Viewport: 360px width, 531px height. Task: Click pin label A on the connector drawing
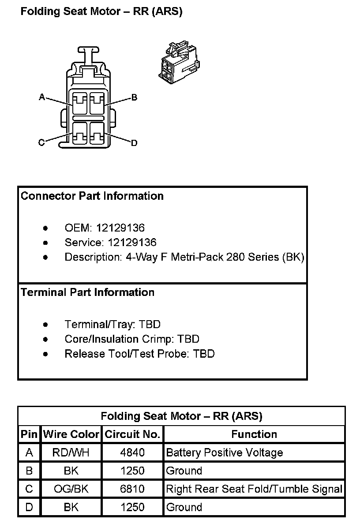[x=42, y=97]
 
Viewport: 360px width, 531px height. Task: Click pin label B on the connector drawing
[x=134, y=97]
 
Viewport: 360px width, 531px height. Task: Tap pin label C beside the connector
[x=41, y=142]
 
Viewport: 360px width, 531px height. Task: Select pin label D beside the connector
[x=134, y=143]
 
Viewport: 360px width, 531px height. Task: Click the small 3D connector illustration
[x=179, y=62]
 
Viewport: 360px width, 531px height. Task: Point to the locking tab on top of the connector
[x=88, y=56]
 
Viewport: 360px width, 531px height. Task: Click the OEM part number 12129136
[x=120, y=228]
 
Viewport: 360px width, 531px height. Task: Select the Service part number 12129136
[x=132, y=243]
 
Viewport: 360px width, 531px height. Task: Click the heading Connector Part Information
[x=92, y=196]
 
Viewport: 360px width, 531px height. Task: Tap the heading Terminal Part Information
[x=87, y=292]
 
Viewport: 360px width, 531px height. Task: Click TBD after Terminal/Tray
[x=150, y=324]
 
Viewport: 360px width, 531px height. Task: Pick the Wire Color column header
[x=71, y=434]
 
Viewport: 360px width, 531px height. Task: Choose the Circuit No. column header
[x=132, y=434]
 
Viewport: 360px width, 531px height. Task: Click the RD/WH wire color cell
[x=71, y=452]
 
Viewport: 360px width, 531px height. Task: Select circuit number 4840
[x=132, y=452]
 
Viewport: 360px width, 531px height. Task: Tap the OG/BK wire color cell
[x=71, y=489]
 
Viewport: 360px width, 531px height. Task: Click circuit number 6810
[x=132, y=489]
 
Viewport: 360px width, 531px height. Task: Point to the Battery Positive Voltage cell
[x=225, y=452]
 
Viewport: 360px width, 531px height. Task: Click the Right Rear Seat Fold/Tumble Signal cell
[x=254, y=489]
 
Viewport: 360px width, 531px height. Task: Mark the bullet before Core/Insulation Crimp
[x=45, y=340]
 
